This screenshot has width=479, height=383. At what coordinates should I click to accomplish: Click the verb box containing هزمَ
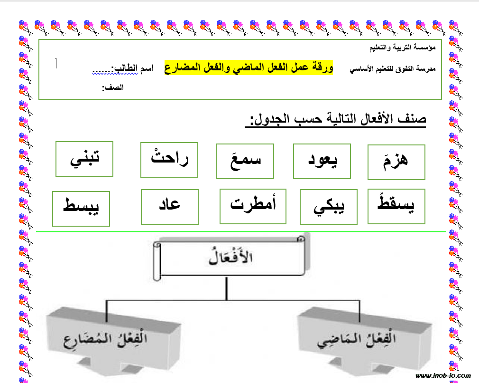pos(396,162)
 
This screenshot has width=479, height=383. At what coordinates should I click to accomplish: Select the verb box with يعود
pos(322,162)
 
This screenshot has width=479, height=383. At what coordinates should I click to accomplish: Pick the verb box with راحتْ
pos(169,159)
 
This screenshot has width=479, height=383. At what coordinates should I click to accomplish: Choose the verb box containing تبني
pos(84,158)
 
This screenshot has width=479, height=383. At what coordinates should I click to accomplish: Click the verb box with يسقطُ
pos(396,206)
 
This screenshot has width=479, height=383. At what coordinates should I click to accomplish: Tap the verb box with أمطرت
pos(253,206)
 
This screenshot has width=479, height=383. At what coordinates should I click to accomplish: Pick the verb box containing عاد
pos(169,206)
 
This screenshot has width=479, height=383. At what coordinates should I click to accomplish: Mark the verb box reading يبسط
pos(81,208)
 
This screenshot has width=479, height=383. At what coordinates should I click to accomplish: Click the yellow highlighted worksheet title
pos(249,67)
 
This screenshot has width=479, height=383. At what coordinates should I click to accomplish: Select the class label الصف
pos(112,88)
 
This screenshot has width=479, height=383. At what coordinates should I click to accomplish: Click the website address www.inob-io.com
pos(443,376)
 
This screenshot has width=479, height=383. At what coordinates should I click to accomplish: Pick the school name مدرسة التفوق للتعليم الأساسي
pos(392,69)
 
